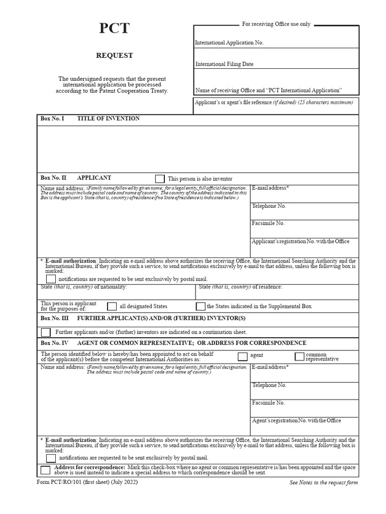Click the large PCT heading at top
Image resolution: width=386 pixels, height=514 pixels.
(x=114, y=29)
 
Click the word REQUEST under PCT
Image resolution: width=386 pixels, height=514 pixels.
(x=115, y=56)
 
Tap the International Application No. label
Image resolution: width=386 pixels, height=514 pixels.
(x=229, y=43)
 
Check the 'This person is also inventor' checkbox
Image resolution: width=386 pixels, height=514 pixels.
(x=160, y=179)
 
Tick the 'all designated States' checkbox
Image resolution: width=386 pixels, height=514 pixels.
(x=112, y=306)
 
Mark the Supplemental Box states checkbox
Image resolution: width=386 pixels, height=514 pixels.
(x=201, y=306)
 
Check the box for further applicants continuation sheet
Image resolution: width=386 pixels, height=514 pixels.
(x=46, y=332)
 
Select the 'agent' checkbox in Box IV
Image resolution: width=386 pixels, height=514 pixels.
(x=242, y=356)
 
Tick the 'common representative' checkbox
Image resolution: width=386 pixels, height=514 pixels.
(x=300, y=356)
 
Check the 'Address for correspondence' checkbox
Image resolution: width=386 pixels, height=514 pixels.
(x=46, y=470)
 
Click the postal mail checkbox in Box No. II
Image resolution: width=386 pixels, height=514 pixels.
(x=51, y=279)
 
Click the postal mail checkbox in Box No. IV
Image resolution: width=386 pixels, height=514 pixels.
(x=51, y=458)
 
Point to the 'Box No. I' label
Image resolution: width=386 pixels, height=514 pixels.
(x=52, y=119)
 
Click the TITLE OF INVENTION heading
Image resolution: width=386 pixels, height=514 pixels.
(x=109, y=119)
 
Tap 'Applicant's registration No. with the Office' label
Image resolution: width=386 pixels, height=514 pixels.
(x=301, y=242)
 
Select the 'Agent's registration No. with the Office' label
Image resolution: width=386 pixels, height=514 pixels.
(x=297, y=421)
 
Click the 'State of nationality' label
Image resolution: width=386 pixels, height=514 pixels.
(x=84, y=287)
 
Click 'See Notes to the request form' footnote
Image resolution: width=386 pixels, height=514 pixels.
(x=324, y=483)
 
